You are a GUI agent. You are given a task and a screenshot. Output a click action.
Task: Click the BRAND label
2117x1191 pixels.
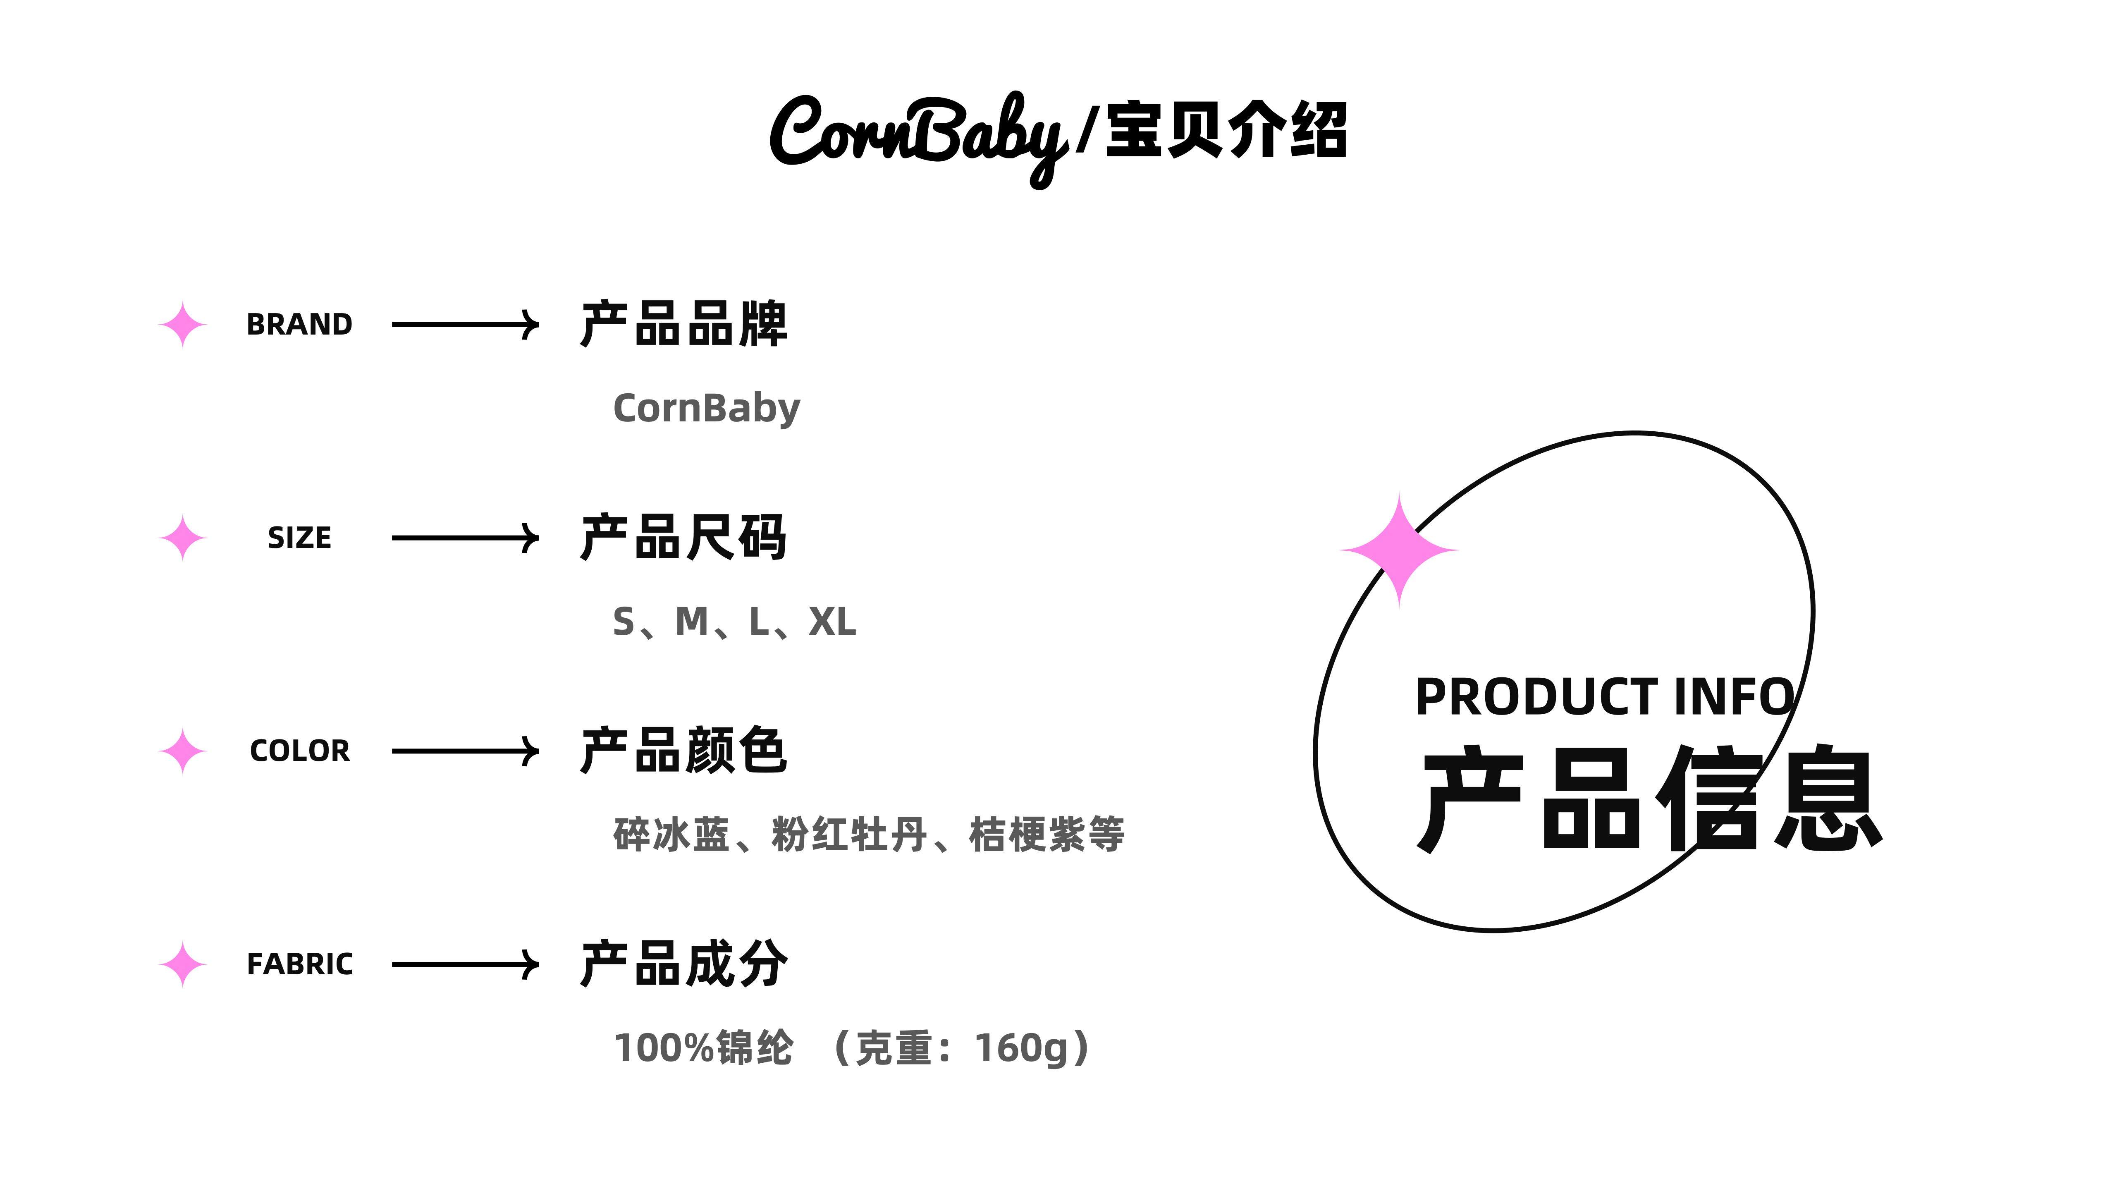(x=299, y=325)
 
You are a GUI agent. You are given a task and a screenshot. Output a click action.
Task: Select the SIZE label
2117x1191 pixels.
(x=299, y=538)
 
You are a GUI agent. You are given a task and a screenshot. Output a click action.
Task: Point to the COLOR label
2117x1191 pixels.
(x=299, y=751)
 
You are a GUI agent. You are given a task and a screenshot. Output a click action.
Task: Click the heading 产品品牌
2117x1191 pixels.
(x=684, y=324)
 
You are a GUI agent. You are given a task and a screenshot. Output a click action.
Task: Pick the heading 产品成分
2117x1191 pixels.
(x=684, y=963)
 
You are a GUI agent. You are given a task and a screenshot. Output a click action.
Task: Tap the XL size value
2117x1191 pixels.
(x=832, y=622)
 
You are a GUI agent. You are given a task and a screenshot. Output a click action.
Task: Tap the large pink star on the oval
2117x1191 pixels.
(x=1400, y=550)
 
